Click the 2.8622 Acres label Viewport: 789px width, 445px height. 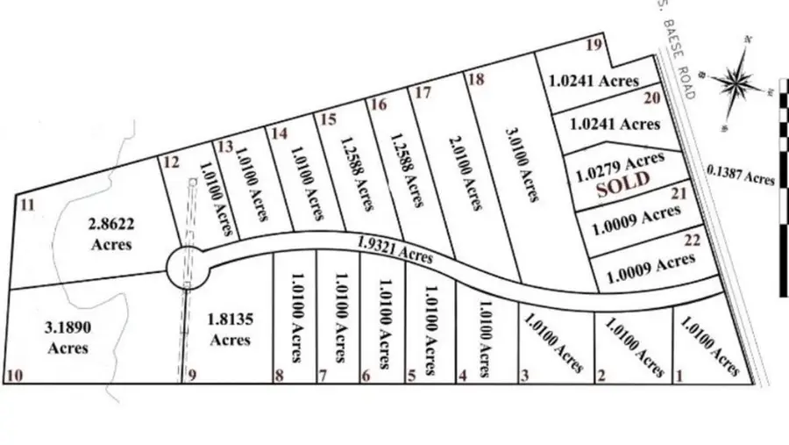click(111, 233)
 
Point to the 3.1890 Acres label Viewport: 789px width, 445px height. click(68, 336)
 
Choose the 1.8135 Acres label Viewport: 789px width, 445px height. click(230, 328)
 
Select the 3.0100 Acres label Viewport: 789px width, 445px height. click(521, 163)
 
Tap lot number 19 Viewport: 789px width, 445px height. click(594, 46)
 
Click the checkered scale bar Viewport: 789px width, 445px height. click(783, 189)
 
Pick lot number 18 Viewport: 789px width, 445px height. click(477, 80)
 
